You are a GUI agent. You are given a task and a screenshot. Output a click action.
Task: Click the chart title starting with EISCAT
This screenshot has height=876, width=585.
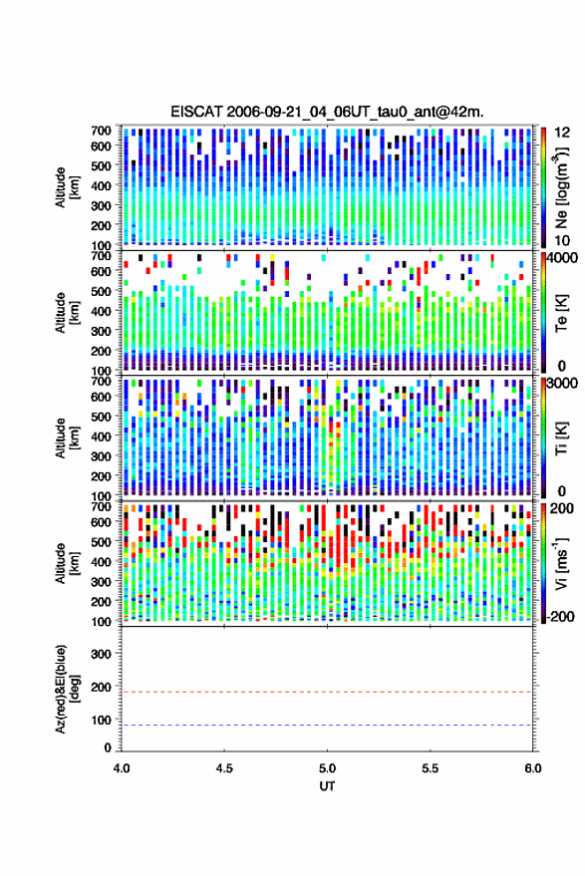coord(327,112)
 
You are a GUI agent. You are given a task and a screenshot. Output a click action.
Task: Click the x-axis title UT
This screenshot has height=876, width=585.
coord(327,786)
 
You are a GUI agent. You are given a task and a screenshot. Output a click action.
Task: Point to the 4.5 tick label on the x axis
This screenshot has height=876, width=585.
coord(224,768)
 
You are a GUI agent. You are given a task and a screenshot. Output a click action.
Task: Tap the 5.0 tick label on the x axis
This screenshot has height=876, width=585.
coord(327,768)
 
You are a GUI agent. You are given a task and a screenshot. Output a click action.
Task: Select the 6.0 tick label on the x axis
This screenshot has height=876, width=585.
coord(532,768)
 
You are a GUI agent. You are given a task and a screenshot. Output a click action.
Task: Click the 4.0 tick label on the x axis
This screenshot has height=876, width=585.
coord(122,768)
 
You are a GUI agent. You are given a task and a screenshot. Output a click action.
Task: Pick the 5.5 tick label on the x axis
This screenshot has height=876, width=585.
coord(430,768)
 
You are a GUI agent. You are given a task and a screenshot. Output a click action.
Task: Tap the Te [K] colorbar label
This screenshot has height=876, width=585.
coord(561,313)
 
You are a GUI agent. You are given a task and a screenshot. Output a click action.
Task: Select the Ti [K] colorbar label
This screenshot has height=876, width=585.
coord(561,438)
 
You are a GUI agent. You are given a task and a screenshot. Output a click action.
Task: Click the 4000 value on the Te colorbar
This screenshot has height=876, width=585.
coord(562,259)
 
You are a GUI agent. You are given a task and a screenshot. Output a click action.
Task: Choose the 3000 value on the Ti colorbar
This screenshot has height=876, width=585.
coord(562,384)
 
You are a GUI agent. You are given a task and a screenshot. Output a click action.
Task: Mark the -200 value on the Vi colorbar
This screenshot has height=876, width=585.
coord(560,617)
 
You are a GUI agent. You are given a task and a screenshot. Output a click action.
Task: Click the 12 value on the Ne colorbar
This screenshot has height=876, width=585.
coord(562,133)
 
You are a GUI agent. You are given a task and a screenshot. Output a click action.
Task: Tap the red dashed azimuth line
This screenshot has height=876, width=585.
coord(327,692)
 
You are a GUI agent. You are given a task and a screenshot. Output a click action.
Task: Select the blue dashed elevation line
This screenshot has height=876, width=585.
coord(327,726)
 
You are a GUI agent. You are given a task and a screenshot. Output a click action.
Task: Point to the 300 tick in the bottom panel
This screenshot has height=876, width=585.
coord(101,654)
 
